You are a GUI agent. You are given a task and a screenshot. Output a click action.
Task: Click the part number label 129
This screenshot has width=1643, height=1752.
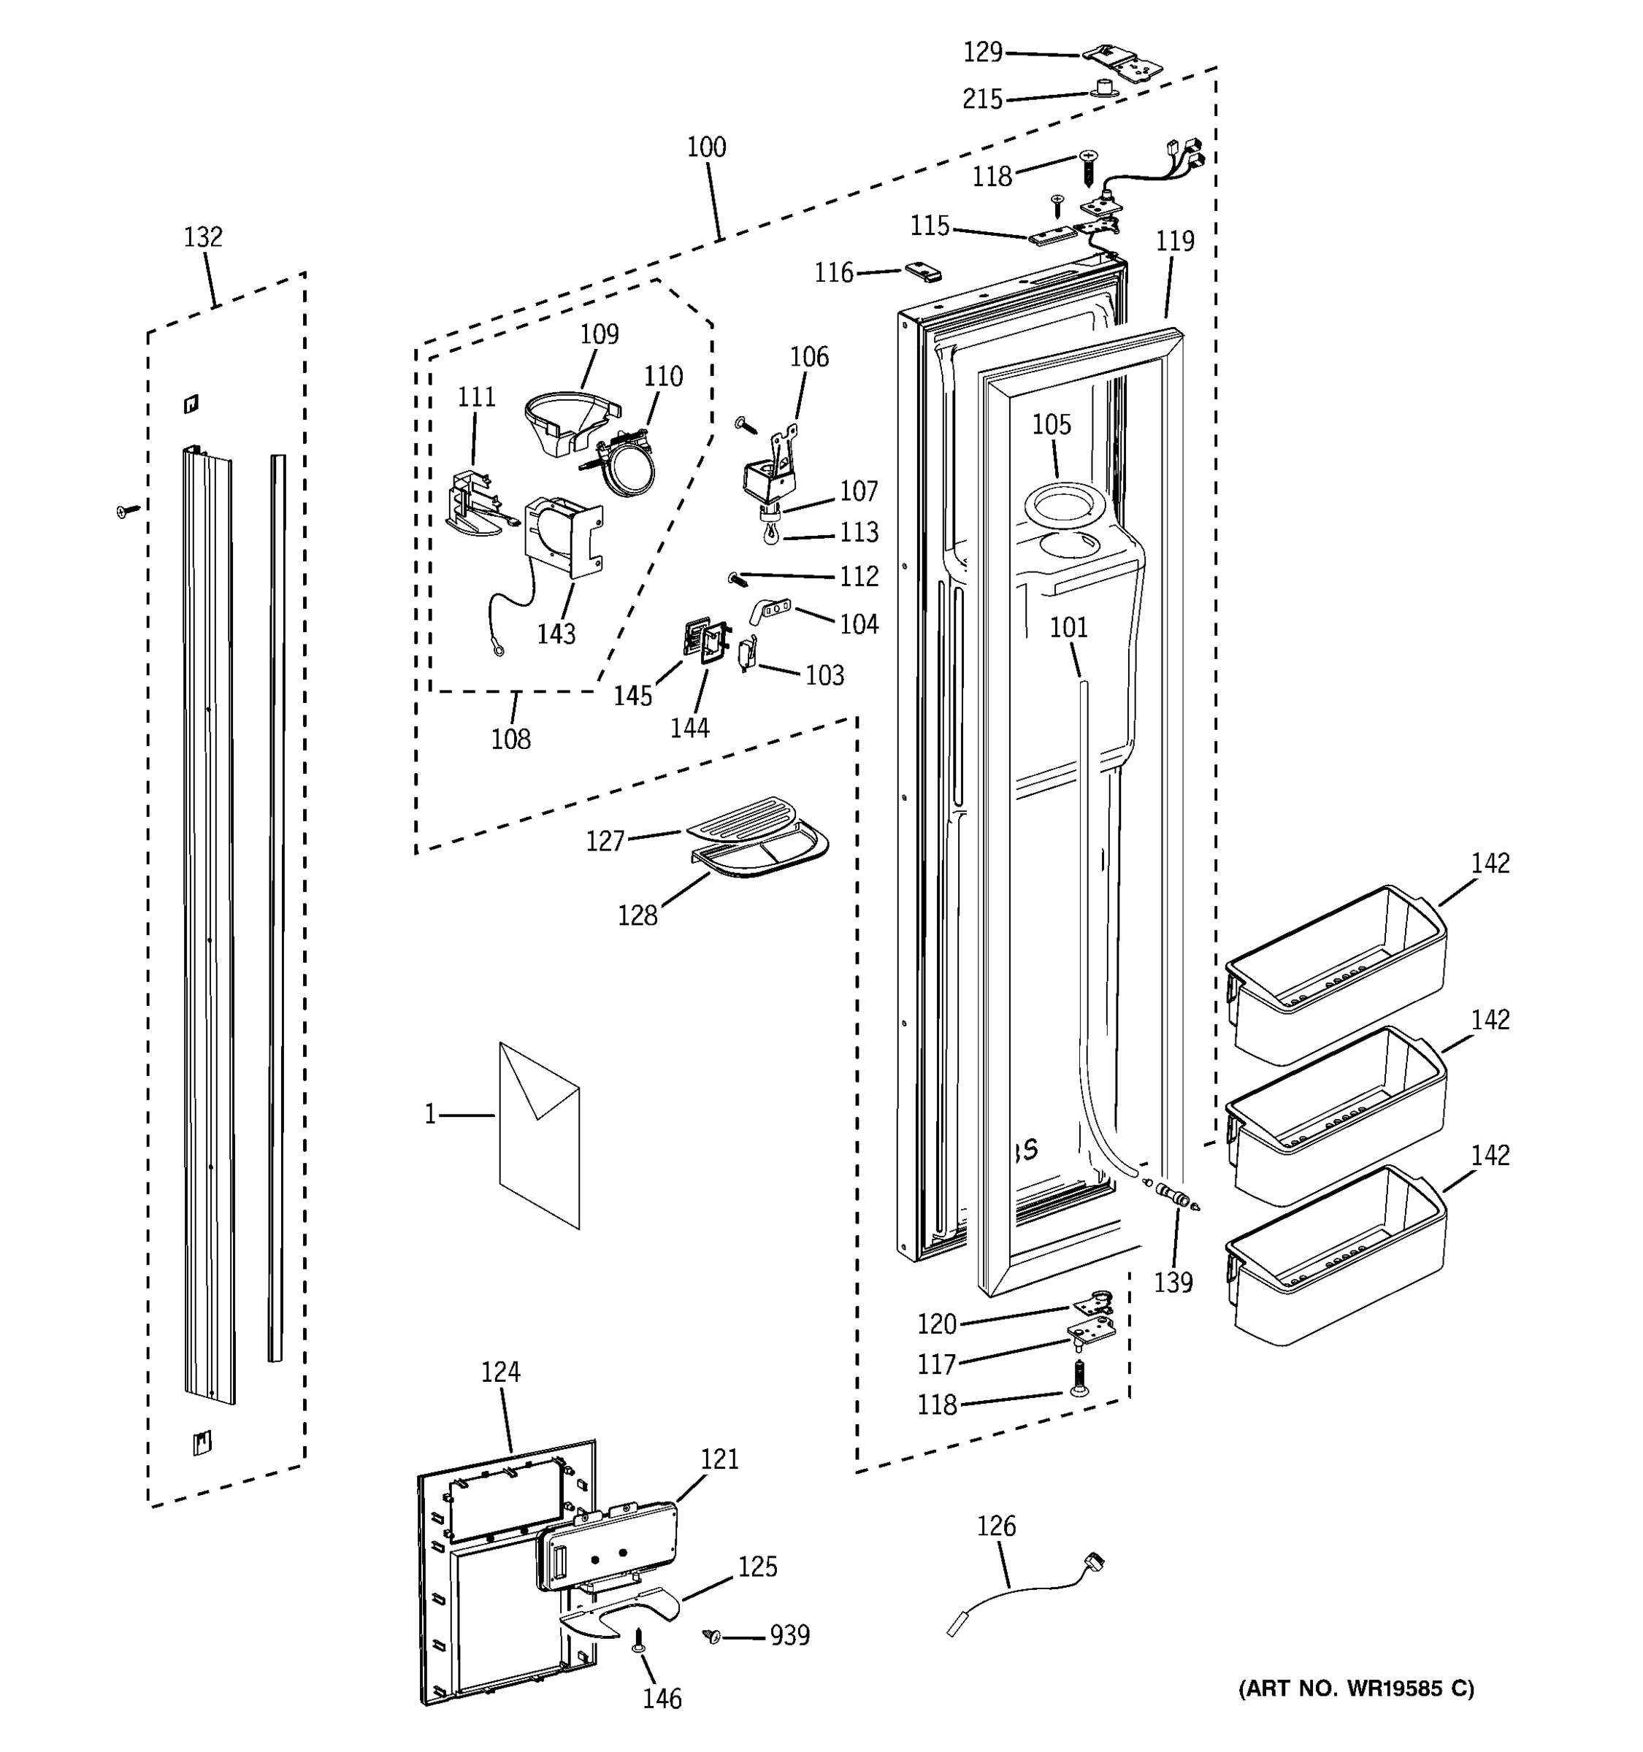pyautogui.click(x=983, y=53)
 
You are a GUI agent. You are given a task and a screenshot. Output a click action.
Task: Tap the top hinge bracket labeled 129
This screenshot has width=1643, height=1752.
pyautogui.click(x=1125, y=64)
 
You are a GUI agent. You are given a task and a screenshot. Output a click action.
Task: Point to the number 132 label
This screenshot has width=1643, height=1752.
pyautogui.click(x=203, y=237)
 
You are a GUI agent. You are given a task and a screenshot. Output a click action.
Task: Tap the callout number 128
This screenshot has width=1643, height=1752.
pyautogui.click(x=637, y=915)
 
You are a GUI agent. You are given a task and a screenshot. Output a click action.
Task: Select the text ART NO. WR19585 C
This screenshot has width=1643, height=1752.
pyautogui.click(x=1355, y=1688)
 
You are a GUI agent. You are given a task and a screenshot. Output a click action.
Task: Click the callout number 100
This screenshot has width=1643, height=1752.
pyautogui.click(x=706, y=147)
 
